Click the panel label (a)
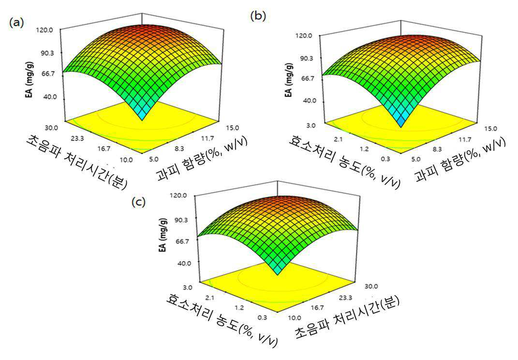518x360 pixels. [16, 23]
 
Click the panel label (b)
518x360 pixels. [258, 16]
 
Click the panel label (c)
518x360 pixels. [138, 202]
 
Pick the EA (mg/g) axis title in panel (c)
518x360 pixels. [163, 235]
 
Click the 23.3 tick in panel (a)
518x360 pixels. [77, 139]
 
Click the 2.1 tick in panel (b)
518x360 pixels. [338, 139]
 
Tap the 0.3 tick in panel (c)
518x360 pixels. [262, 318]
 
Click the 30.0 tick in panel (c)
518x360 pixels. [371, 286]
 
